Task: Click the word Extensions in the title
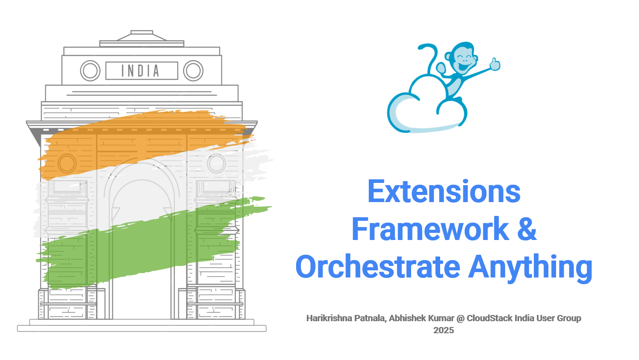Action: coord(444,192)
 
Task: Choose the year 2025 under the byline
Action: coord(443,331)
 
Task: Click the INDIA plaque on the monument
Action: coord(141,70)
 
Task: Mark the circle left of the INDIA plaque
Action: coord(90,70)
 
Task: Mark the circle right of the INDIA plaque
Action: coord(193,70)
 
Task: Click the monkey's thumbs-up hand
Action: coord(494,65)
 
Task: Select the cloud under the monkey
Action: coord(419,114)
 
